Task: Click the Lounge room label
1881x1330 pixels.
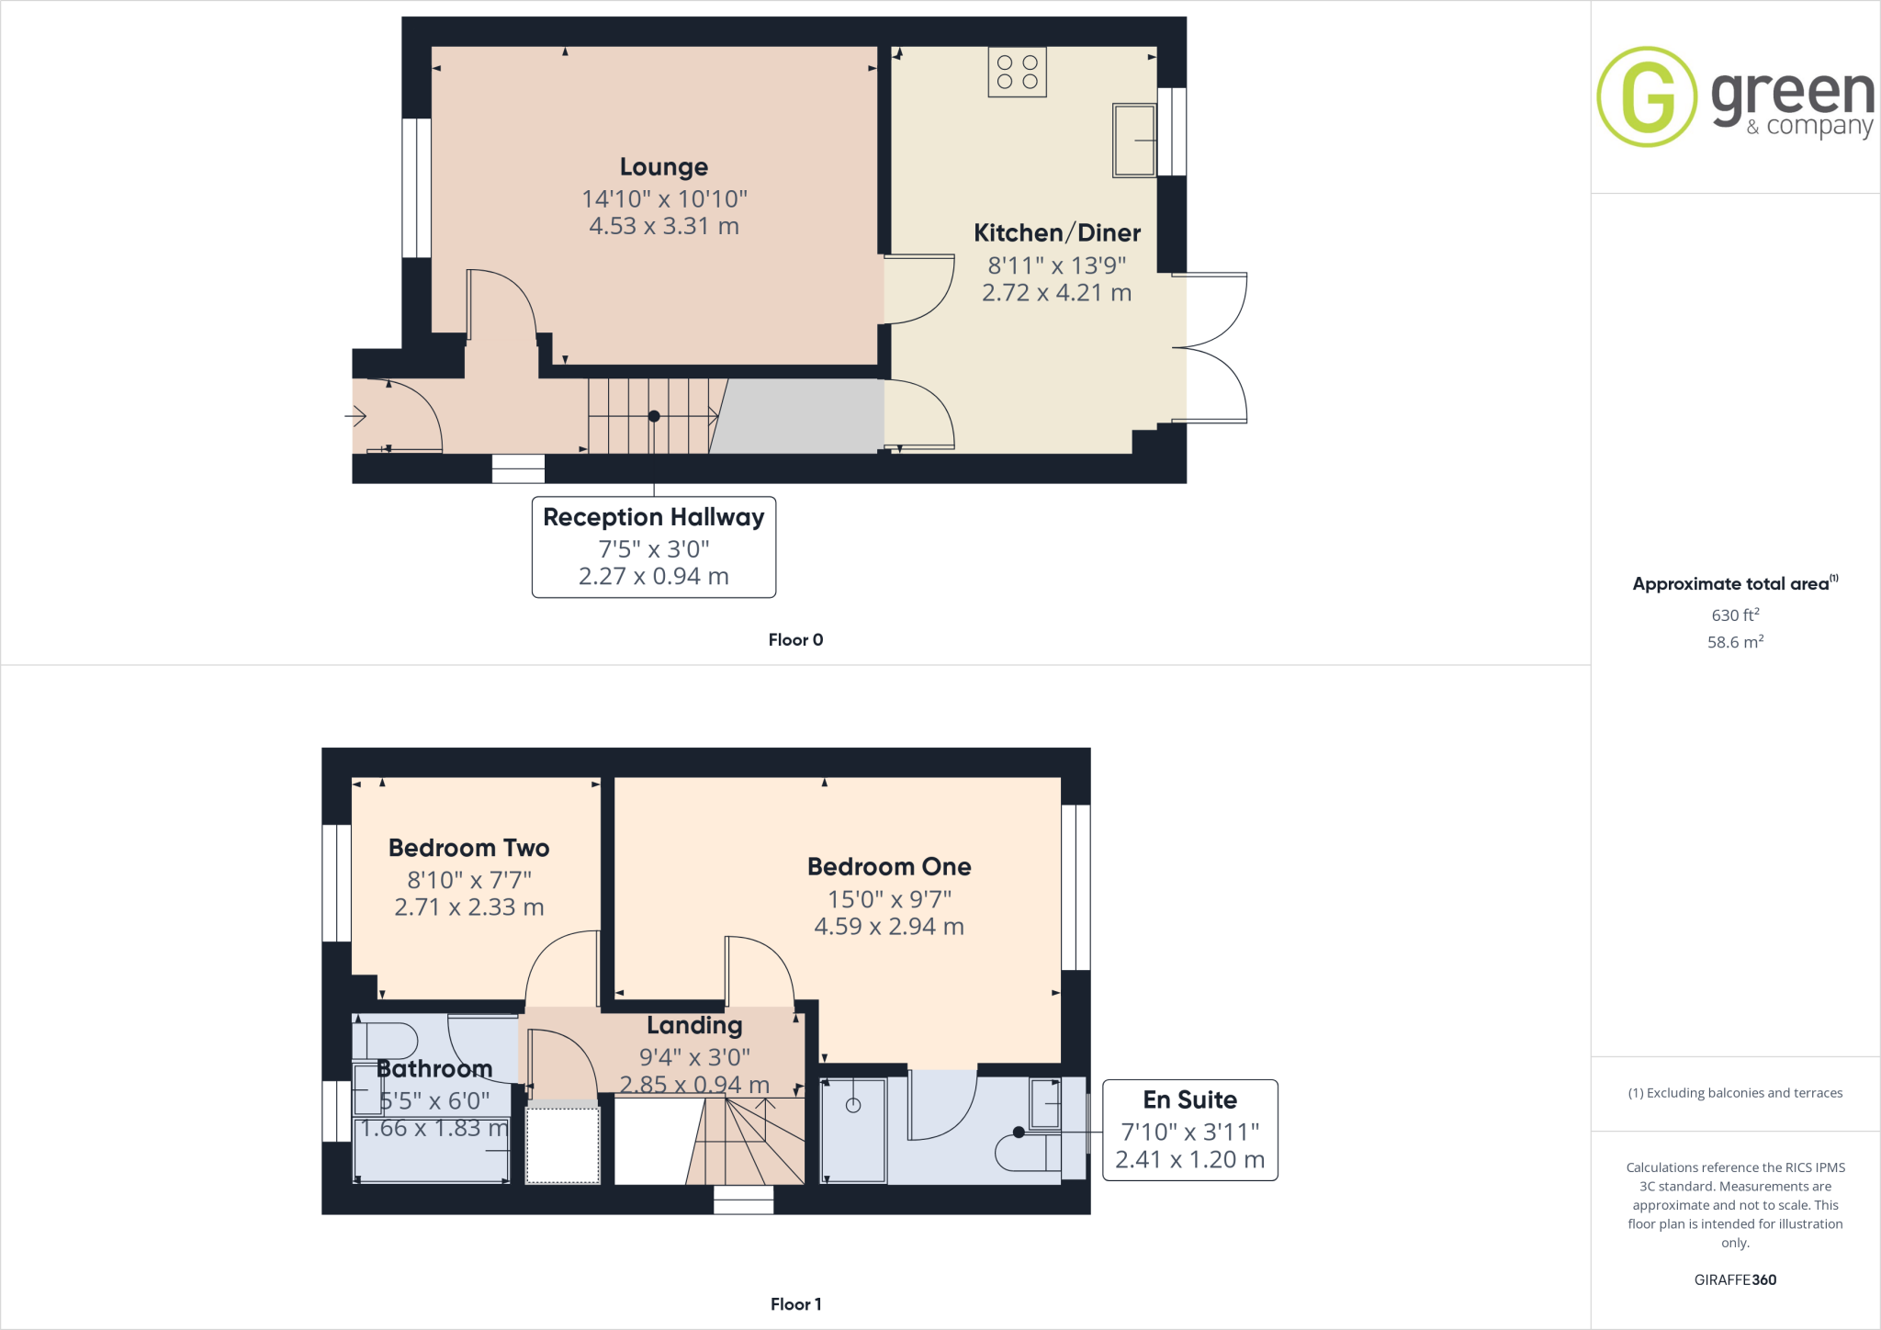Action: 663,167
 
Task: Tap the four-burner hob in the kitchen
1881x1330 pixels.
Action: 1017,73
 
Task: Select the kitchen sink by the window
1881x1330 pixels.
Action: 1133,140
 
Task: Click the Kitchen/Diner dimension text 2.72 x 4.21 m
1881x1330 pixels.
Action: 1056,293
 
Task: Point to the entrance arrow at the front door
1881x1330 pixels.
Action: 356,416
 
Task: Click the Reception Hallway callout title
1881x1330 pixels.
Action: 653,517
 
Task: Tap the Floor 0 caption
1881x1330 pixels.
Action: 795,640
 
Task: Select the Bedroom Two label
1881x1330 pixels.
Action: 468,848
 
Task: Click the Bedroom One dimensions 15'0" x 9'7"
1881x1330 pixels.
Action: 889,899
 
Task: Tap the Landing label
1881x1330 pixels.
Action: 694,1025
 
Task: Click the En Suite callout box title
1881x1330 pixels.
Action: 1189,1099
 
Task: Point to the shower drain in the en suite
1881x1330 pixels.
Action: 853,1105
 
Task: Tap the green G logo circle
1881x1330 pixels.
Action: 1647,96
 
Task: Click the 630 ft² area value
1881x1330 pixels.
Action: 1734,614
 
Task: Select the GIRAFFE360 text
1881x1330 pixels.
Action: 1735,1279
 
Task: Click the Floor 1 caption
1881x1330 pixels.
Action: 795,1304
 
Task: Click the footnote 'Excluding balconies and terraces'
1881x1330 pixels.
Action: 1735,1093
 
